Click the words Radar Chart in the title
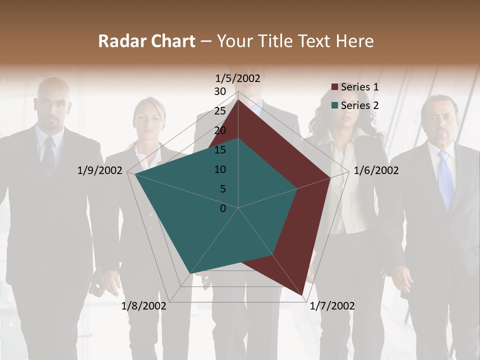click(146, 41)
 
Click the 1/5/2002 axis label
click(238, 78)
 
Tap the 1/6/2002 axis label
click(376, 170)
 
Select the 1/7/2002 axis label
click(332, 305)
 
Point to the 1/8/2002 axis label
click(144, 305)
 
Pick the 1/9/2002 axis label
click(100, 170)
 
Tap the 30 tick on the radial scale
click(220, 91)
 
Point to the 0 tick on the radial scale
click(223, 208)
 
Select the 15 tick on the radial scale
click(220, 150)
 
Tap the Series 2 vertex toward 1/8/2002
click(189, 274)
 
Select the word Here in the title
click(355, 41)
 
